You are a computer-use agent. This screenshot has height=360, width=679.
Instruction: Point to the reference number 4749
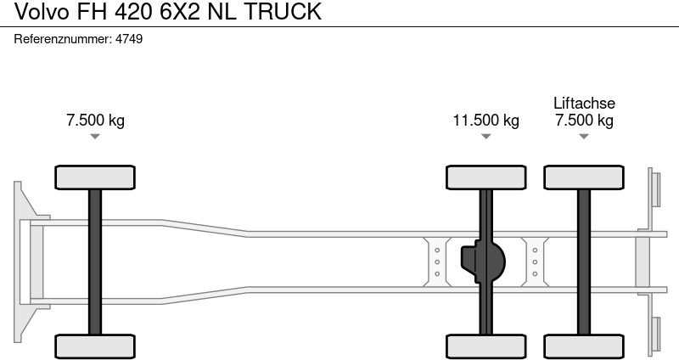(x=128, y=39)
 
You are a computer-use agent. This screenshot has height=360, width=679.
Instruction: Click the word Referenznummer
(x=64, y=39)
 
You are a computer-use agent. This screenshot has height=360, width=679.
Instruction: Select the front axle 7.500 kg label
(x=95, y=120)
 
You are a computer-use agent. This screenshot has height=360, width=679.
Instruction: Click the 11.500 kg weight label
(x=485, y=120)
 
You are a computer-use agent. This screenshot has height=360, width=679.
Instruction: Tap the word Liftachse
(x=584, y=103)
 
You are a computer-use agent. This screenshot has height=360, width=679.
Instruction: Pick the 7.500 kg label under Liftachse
(x=584, y=120)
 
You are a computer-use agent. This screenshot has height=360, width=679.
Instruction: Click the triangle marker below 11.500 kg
(x=486, y=137)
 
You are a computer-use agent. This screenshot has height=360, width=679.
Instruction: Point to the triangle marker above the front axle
(x=95, y=137)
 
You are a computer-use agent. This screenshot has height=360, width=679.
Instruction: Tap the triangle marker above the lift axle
(x=584, y=137)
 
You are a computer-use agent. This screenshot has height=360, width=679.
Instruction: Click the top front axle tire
(x=95, y=177)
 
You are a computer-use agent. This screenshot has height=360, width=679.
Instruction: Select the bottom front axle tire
(x=95, y=346)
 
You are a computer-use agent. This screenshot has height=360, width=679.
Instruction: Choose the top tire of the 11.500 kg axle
(x=486, y=177)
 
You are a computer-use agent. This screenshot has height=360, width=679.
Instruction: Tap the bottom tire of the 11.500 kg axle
(x=486, y=346)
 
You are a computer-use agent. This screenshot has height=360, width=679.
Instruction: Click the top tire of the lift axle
(x=584, y=177)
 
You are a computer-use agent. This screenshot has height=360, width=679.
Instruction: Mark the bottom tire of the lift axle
(x=584, y=346)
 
